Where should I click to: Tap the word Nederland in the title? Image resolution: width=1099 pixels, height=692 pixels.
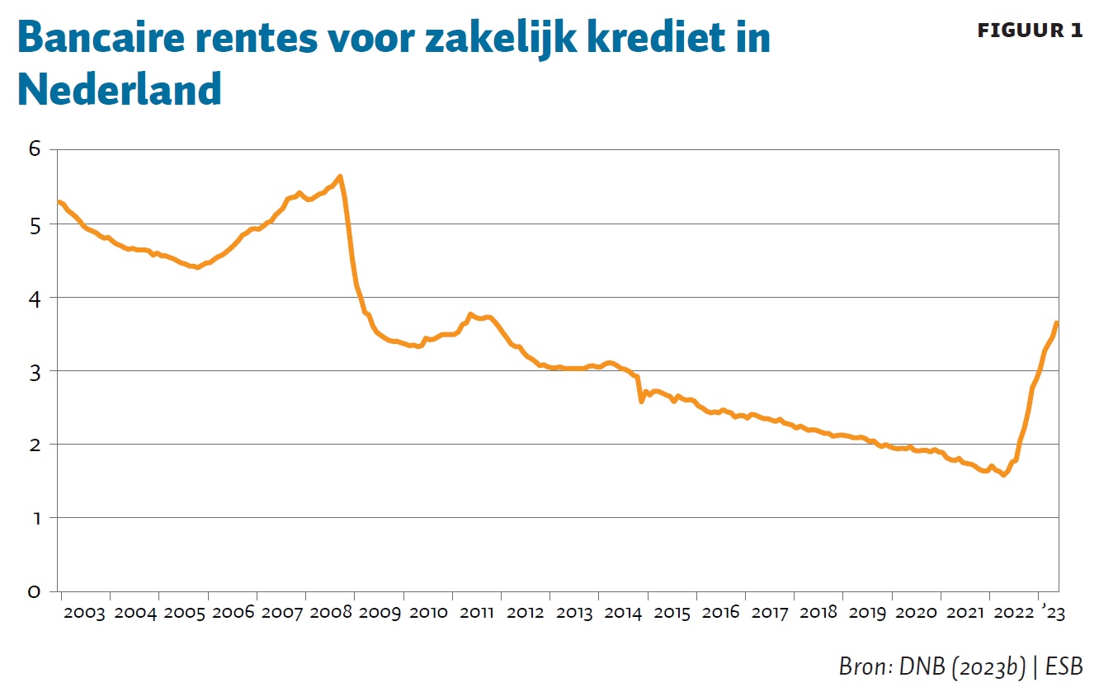coord(120,88)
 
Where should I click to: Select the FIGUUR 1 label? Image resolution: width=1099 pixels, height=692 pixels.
coord(1030,31)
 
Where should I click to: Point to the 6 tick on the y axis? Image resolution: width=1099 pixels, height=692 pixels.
coord(34,149)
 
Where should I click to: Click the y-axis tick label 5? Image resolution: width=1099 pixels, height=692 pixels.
coord(34,224)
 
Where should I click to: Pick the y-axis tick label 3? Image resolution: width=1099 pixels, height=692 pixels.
coord(34,370)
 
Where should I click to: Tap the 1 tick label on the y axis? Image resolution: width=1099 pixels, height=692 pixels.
coord(34,518)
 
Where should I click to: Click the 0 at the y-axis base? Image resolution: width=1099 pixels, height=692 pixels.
coord(34,591)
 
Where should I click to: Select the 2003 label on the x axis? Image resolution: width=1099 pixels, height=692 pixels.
coord(85,613)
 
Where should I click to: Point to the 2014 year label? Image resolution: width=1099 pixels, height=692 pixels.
coord(623,613)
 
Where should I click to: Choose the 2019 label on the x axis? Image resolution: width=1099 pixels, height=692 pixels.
coord(867,613)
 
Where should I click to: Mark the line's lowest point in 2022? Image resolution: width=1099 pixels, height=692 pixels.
coord(1003,475)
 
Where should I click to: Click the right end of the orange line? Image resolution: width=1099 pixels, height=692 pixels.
coord(1057,322)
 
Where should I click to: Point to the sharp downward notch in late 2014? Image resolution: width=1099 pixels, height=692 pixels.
coord(641,401)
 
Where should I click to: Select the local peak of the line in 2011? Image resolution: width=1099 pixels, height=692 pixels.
coord(470,314)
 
